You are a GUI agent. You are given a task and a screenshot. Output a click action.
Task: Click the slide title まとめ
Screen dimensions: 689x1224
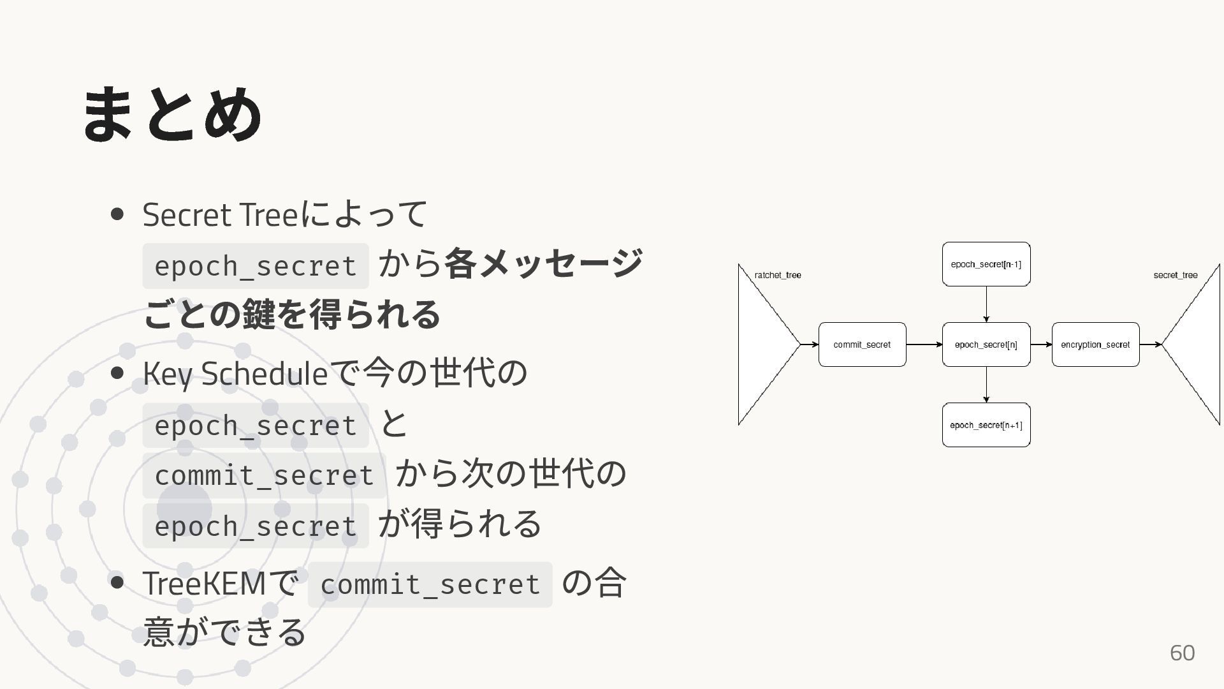(172, 115)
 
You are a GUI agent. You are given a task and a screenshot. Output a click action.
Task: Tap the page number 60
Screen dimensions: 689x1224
(1182, 653)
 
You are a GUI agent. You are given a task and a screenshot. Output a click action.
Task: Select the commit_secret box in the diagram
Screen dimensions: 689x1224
(862, 344)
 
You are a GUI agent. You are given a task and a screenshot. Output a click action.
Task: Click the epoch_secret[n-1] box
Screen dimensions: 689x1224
(986, 264)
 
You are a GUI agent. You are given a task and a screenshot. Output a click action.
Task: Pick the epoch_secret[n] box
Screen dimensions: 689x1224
(986, 344)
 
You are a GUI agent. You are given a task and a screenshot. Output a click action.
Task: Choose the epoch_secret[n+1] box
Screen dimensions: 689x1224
(986, 425)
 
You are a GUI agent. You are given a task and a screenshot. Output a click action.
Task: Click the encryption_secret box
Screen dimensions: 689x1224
(1095, 344)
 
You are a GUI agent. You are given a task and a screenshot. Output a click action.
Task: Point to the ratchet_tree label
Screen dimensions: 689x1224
(778, 275)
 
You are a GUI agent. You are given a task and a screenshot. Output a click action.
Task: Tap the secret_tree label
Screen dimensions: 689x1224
(1175, 275)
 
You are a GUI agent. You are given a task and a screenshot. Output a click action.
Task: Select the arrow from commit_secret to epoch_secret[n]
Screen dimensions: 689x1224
(924, 344)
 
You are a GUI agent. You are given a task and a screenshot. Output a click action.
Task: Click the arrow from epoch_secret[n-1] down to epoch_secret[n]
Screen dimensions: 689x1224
(986, 304)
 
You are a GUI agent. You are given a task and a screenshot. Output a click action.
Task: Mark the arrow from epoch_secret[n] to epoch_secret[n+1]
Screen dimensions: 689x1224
(986, 385)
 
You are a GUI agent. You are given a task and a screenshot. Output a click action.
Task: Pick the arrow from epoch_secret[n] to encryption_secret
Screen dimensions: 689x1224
(1040, 344)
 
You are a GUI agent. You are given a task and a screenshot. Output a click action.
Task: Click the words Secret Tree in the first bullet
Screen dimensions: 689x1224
(220, 215)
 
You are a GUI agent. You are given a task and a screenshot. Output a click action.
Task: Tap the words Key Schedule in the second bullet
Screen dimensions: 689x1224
(235, 374)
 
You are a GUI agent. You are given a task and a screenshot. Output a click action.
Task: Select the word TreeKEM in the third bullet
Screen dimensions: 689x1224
(204, 583)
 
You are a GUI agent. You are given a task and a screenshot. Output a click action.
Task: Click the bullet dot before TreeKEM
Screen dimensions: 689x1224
(117, 582)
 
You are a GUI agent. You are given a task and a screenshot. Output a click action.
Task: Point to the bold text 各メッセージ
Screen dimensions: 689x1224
(543, 263)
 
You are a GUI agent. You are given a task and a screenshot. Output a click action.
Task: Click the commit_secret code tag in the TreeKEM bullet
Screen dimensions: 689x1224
(430, 584)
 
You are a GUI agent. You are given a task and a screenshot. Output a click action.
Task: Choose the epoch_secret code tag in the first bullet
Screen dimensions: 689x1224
(255, 265)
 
